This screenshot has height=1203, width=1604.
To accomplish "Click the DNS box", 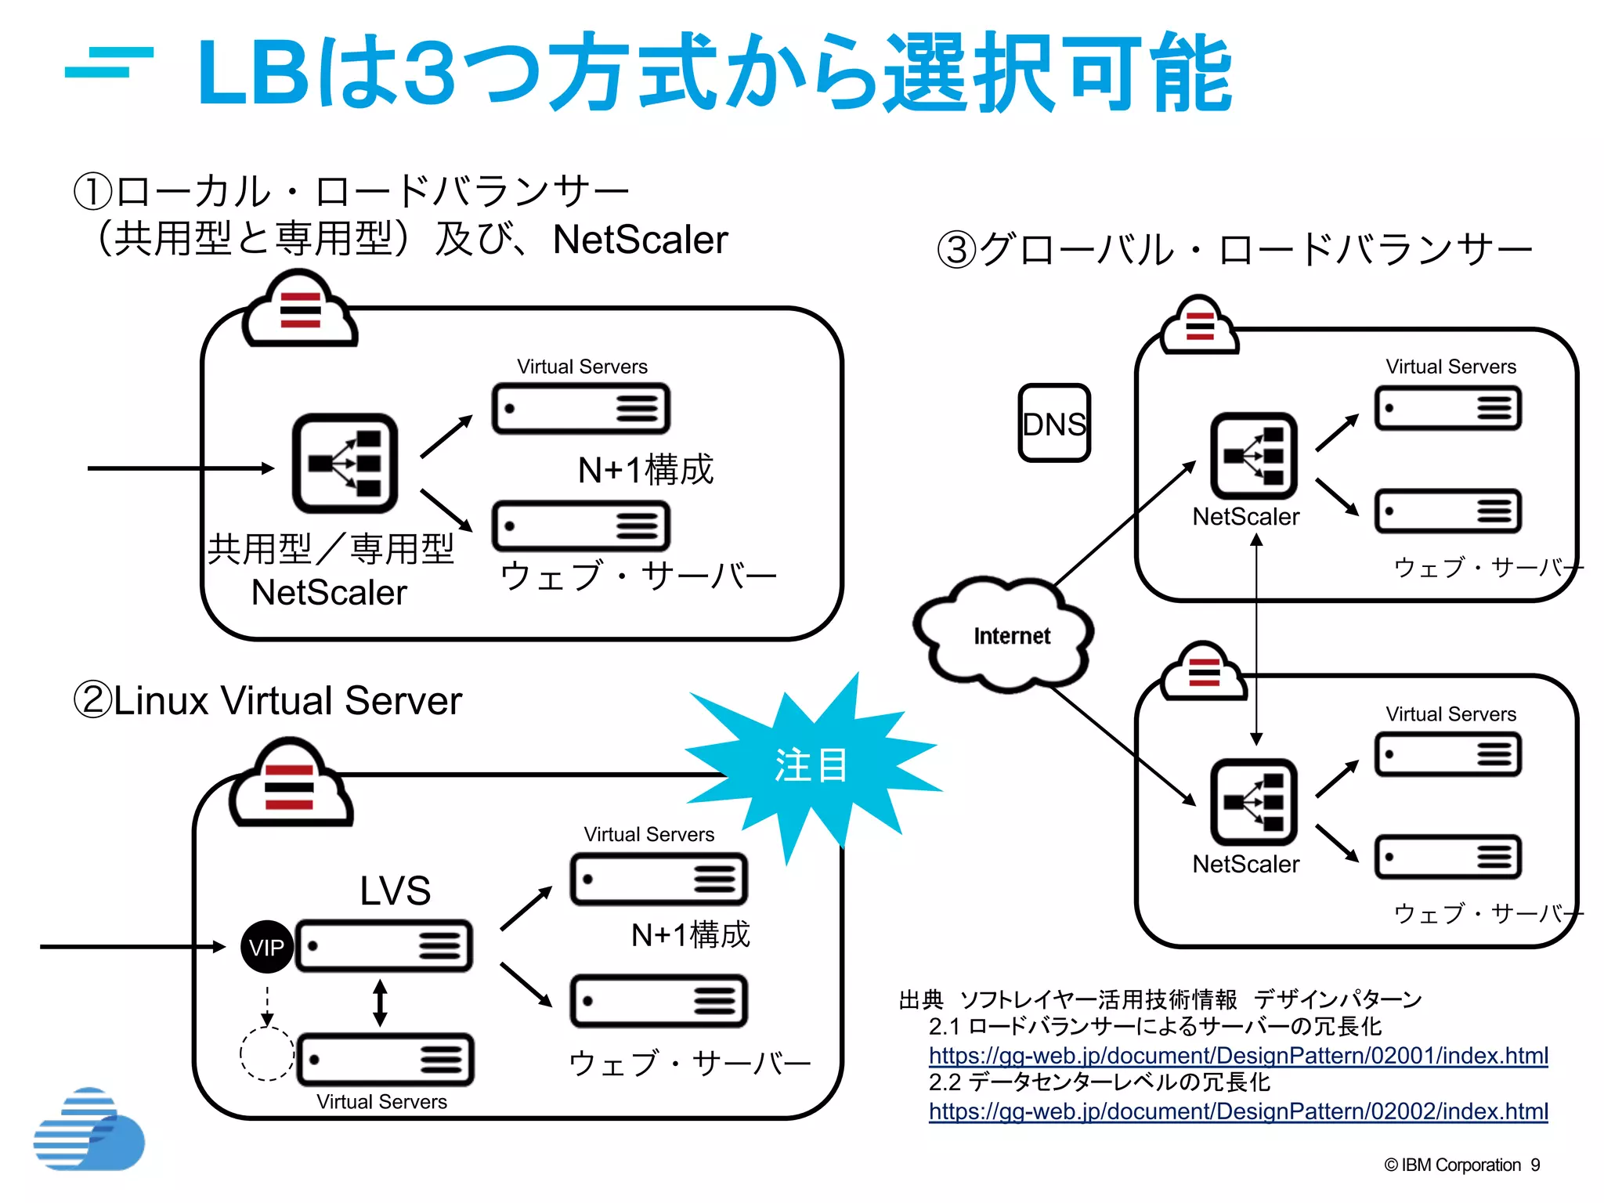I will (x=1053, y=423).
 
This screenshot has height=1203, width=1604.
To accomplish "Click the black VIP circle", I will (x=267, y=947).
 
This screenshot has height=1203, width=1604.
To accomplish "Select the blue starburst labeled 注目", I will (x=811, y=766).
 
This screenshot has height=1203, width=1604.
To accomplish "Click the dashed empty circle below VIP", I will (x=266, y=1054).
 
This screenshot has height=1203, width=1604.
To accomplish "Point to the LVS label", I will (x=395, y=891).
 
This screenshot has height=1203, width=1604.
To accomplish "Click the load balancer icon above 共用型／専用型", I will (x=345, y=464).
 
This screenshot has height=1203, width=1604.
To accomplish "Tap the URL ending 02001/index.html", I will (x=1237, y=1055).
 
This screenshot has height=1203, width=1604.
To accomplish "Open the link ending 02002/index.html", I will (x=1237, y=1111).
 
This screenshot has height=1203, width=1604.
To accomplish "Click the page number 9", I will (x=1535, y=1165).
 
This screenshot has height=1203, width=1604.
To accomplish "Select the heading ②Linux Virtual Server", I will (x=267, y=700).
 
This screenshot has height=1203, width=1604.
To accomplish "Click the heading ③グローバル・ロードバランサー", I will (x=1234, y=250).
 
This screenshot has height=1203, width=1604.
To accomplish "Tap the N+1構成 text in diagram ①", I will (x=645, y=470).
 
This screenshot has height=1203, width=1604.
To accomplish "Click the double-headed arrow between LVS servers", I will (x=380, y=1002).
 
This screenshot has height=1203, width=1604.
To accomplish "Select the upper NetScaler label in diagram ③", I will (x=1245, y=517).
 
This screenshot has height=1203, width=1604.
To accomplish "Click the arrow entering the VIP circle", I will (x=133, y=947).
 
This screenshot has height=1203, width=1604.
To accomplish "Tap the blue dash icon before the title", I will (x=109, y=63).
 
